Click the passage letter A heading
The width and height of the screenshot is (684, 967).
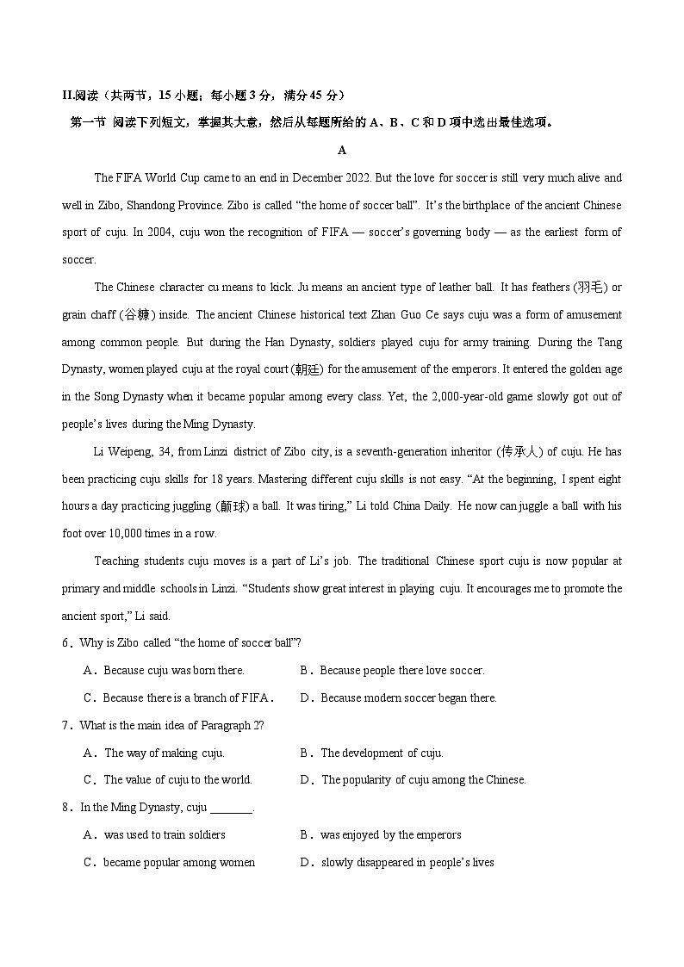coord(342,151)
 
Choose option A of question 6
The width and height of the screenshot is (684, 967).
coord(164,671)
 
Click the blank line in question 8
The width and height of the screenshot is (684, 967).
coord(231,809)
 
